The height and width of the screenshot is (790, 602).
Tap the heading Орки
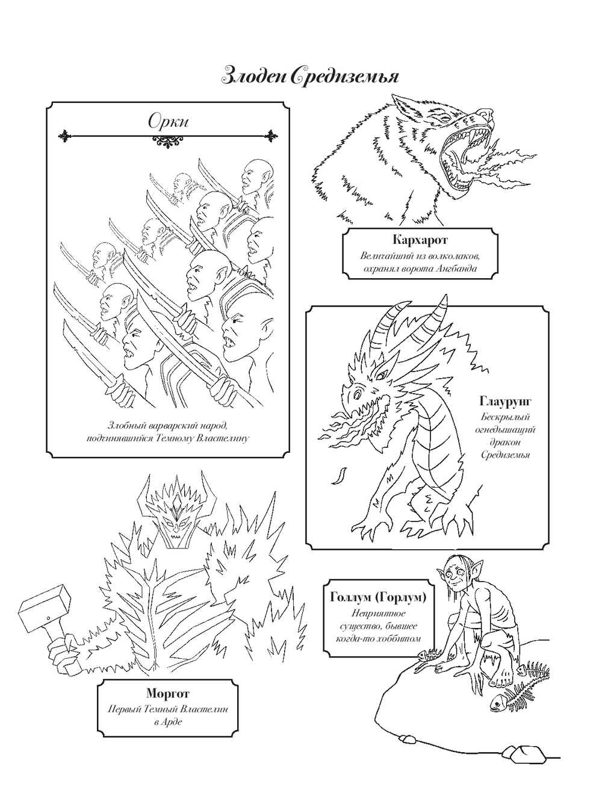(x=169, y=122)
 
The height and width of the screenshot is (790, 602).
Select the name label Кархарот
(x=420, y=239)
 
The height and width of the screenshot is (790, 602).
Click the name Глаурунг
(x=505, y=400)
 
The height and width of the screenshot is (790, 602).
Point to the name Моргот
(x=168, y=692)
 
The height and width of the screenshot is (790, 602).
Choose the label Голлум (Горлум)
(x=378, y=597)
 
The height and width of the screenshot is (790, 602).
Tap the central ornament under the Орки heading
(x=168, y=142)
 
